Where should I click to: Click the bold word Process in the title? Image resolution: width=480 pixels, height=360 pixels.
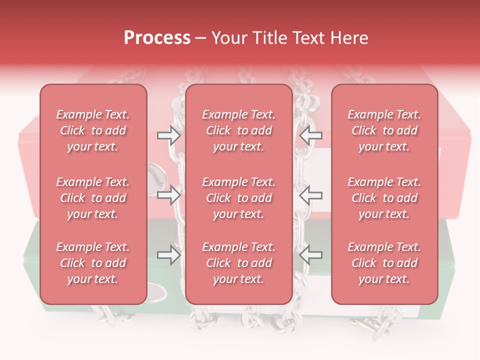pyautogui.click(x=157, y=38)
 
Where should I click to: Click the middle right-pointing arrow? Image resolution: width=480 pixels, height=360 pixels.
pyautogui.click(x=168, y=195)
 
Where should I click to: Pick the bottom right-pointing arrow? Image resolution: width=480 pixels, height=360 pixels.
pyautogui.click(x=168, y=255)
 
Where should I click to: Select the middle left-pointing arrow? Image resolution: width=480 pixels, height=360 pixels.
pyautogui.click(x=310, y=195)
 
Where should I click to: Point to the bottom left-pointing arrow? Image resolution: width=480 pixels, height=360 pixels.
pyautogui.click(x=310, y=255)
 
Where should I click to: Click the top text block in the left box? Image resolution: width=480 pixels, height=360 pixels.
pyautogui.click(x=93, y=130)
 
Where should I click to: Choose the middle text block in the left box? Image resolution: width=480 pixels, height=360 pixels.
pyautogui.click(x=93, y=198)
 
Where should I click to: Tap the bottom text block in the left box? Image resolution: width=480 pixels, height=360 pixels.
pyautogui.click(x=93, y=263)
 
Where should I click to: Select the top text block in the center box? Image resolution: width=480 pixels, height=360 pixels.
pyautogui.click(x=238, y=130)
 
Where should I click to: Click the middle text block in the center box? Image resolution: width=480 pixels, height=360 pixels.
pyautogui.click(x=238, y=198)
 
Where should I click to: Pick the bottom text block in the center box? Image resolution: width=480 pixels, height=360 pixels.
pyautogui.click(x=238, y=263)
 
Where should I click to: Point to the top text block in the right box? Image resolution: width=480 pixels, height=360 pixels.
pyautogui.click(x=384, y=130)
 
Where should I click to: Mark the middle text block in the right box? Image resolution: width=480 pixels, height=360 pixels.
pyautogui.click(x=384, y=198)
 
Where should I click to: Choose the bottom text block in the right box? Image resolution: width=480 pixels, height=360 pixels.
pyautogui.click(x=384, y=263)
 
